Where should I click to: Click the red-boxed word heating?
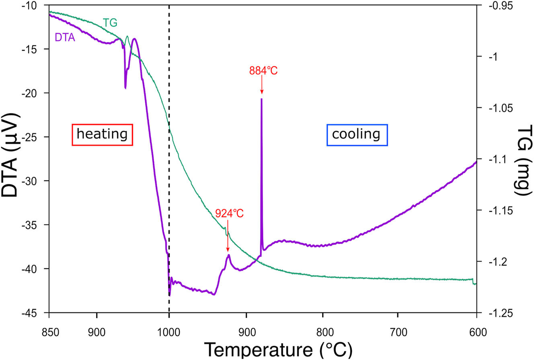coord(102,134)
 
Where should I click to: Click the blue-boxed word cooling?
coord(357,134)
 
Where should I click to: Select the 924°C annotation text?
coord(229,213)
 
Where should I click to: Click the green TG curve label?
coord(110,23)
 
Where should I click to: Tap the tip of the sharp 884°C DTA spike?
coord(261,99)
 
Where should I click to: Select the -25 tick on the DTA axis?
coord(32,137)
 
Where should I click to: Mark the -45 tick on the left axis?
coord(32,313)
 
